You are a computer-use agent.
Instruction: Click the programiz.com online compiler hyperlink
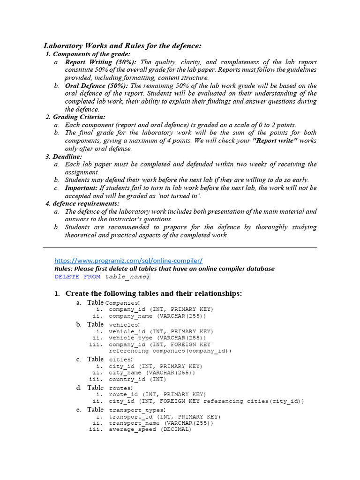click(x=128, y=261)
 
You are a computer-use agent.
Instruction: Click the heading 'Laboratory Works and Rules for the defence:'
click(x=122, y=46)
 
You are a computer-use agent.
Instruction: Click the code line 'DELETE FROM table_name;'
click(x=103, y=277)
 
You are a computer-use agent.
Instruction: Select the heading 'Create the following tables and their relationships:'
click(x=153, y=293)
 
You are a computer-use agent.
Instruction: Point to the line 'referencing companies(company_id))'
click(x=170, y=351)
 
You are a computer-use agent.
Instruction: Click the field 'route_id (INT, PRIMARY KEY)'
click(x=157, y=395)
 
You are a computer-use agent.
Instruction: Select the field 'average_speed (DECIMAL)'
click(x=150, y=429)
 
